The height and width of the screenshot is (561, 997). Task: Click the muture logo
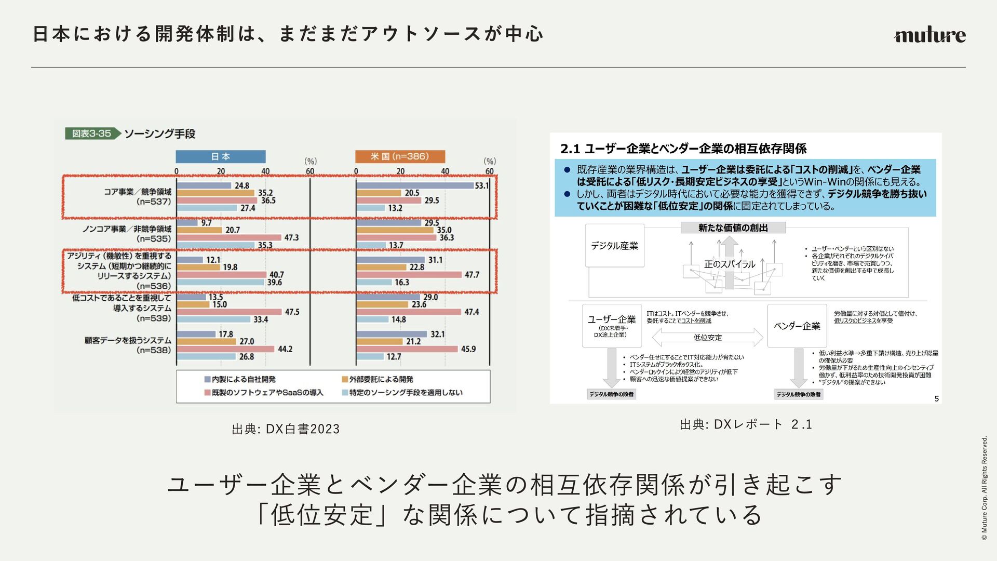pyautogui.click(x=929, y=35)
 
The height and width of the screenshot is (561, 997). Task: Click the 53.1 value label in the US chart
pyautogui.click(x=481, y=185)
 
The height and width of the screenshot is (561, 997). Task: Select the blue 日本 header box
pyautogui.click(x=221, y=156)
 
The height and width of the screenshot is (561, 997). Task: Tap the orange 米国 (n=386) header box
pyautogui.click(x=400, y=156)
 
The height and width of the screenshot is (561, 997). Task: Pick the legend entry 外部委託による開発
pyautogui.click(x=378, y=379)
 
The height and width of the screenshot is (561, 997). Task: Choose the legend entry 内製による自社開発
pyautogui.click(x=240, y=379)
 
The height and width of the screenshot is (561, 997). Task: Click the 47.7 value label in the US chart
pyautogui.click(x=471, y=275)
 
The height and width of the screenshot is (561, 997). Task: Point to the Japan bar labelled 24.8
pyautogui.click(x=204, y=185)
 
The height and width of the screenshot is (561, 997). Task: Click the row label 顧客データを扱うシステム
pyautogui.click(x=128, y=340)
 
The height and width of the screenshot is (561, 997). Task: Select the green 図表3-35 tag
pyautogui.click(x=92, y=133)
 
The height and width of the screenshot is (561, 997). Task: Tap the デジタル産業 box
pyautogui.click(x=614, y=246)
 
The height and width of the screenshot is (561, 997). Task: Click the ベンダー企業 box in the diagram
pyautogui.click(x=797, y=326)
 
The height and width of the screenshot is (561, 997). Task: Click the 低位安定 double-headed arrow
pyautogui.click(x=707, y=338)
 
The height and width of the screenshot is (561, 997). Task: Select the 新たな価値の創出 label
pyautogui.click(x=733, y=228)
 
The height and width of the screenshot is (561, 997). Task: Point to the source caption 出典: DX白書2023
pyautogui.click(x=286, y=429)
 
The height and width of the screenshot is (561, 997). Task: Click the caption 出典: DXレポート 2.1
pyautogui.click(x=746, y=424)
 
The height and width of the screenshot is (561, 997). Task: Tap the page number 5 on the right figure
pyautogui.click(x=936, y=398)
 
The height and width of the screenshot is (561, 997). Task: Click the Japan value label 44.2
pyautogui.click(x=285, y=349)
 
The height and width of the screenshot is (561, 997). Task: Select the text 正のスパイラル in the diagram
pyautogui.click(x=730, y=264)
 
